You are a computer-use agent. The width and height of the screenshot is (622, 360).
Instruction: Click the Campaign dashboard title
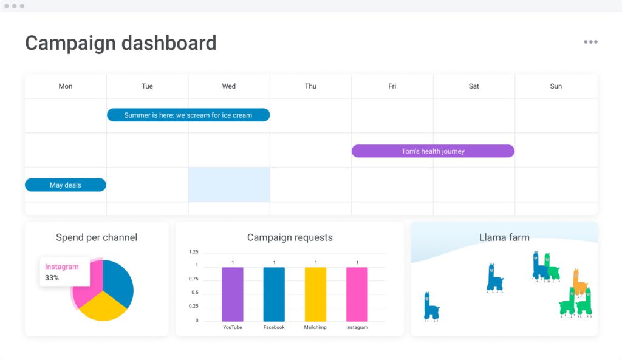point(120,43)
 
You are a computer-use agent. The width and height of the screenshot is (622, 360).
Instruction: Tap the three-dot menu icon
point(590,42)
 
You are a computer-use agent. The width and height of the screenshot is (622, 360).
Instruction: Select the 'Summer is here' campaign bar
point(188,115)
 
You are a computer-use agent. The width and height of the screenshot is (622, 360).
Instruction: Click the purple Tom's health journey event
point(432,151)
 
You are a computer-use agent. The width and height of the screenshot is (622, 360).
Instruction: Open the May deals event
point(65,185)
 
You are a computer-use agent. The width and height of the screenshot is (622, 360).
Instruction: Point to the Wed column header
point(229,86)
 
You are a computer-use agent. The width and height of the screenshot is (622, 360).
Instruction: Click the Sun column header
point(556,86)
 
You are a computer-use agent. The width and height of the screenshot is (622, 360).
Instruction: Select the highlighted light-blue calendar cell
point(229,185)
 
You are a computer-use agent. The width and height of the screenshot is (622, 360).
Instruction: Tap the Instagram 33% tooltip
point(63,272)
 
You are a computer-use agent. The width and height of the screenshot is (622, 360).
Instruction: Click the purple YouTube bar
point(232,294)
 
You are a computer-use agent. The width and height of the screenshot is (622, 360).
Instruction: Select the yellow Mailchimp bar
point(315,294)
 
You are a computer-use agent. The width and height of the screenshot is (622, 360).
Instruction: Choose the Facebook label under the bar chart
point(274,328)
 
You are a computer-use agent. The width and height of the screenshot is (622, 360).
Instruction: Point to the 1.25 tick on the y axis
point(193,251)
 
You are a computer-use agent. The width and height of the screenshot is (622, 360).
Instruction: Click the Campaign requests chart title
point(290,237)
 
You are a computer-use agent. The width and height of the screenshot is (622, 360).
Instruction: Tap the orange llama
point(579,282)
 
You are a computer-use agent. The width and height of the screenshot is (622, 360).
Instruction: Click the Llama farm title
point(504,237)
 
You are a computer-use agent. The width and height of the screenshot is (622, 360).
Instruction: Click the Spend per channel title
point(97,237)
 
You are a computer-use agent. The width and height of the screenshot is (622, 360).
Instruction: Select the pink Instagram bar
point(357,294)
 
